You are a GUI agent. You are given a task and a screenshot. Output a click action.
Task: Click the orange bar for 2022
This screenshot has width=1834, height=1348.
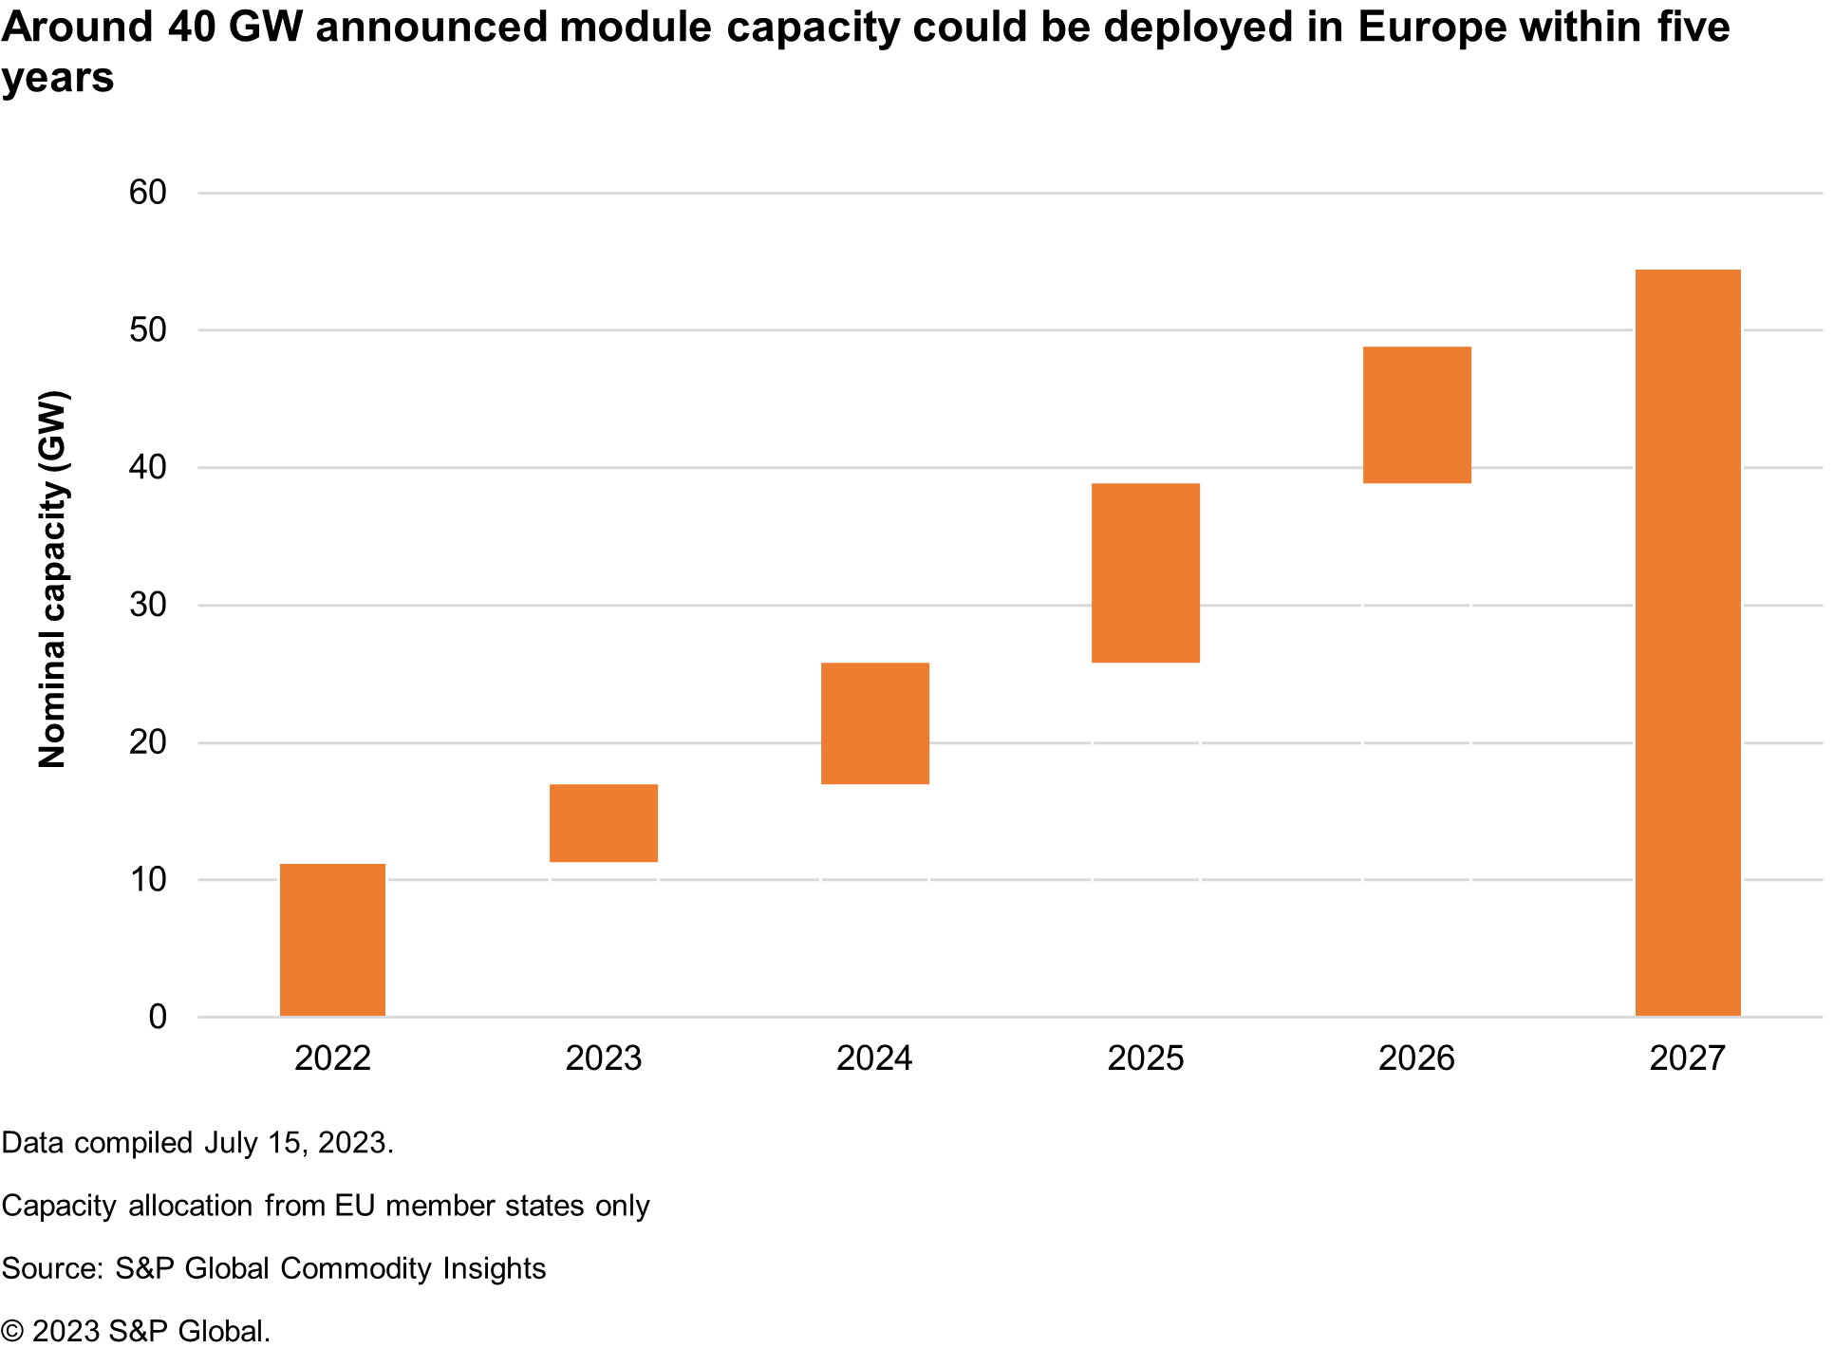click(x=332, y=940)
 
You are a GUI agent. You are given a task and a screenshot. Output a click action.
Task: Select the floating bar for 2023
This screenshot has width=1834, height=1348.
click(x=604, y=823)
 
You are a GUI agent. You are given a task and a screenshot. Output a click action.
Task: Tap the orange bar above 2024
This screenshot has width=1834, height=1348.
click(x=874, y=723)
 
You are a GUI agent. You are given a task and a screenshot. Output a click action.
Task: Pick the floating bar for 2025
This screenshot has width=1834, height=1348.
click(x=1145, y=573)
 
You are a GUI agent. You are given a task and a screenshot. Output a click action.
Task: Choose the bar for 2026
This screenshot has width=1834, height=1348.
click(x=1416, y=415)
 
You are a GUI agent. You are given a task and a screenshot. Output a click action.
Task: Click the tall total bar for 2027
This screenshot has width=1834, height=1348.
click(x=1688, y=643)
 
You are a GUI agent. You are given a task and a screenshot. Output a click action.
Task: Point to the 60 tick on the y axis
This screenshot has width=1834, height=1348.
click(x=148, y=193)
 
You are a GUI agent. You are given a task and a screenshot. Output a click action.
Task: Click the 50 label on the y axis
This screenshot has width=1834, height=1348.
click(x=148, y=330)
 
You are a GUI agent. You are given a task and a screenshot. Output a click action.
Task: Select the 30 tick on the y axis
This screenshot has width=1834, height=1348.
click(x=148, y=605)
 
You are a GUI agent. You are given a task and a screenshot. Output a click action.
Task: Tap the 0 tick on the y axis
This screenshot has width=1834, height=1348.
click(x=158, y=1017)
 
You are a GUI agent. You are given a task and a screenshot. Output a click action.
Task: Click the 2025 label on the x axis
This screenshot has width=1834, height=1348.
click(x=1145, y=1058)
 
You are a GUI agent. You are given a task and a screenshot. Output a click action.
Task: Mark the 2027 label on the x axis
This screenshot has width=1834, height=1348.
click(x=1687, y=1058)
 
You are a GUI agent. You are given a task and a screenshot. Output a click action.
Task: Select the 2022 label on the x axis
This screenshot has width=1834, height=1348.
click(x=332, y=1058)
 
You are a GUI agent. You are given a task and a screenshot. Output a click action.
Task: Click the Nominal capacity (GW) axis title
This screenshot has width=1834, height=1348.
click(x=53, y=579)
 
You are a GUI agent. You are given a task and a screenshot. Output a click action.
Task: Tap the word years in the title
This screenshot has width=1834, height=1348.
click(x=57, y=78)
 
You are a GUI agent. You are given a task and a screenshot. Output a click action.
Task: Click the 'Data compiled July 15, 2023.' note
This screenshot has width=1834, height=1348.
click(x=197, y=1142)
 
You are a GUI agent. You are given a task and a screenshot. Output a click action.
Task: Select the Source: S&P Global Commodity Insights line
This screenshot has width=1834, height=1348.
click(x=273, y=1268)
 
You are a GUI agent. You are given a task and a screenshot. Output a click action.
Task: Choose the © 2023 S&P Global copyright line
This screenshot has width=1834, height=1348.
click(x=136, y=1331)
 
